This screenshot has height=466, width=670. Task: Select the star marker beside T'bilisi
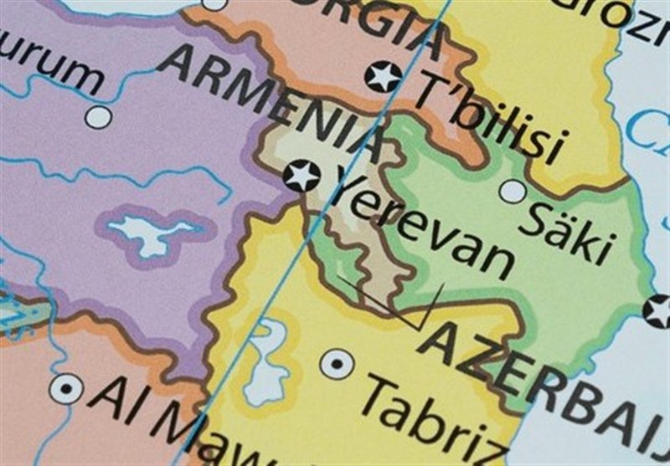(x=384, y=76)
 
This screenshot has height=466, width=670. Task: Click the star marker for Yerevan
(x=301, y=177)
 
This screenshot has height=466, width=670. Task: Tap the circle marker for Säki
(x=512, y=192)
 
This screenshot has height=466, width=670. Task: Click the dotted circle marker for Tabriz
(x=338, y=363)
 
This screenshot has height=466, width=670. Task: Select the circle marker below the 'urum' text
(x=98, y=117)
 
